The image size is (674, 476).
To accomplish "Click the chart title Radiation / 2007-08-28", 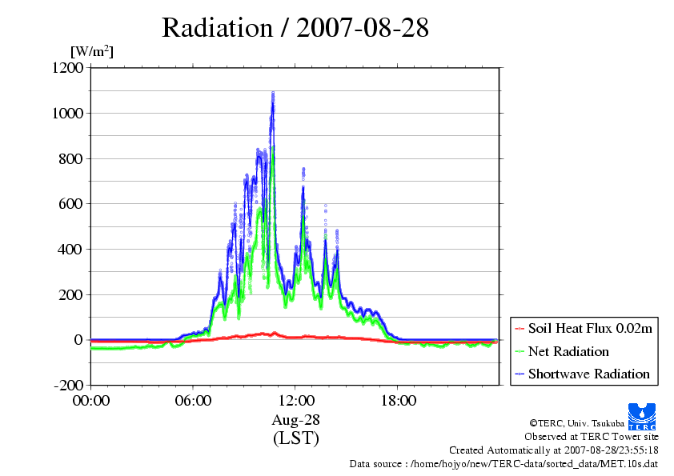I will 295,28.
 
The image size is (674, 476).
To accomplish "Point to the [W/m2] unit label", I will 92,51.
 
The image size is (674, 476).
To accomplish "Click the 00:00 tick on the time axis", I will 91,400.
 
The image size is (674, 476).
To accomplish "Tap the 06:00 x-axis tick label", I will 194,400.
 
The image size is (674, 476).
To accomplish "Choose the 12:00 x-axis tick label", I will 296,400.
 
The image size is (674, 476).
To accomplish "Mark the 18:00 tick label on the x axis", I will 398,400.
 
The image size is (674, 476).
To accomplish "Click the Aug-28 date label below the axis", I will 296,420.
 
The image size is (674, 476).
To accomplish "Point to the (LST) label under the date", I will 296,438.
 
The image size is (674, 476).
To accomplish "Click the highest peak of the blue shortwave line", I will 273,94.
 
